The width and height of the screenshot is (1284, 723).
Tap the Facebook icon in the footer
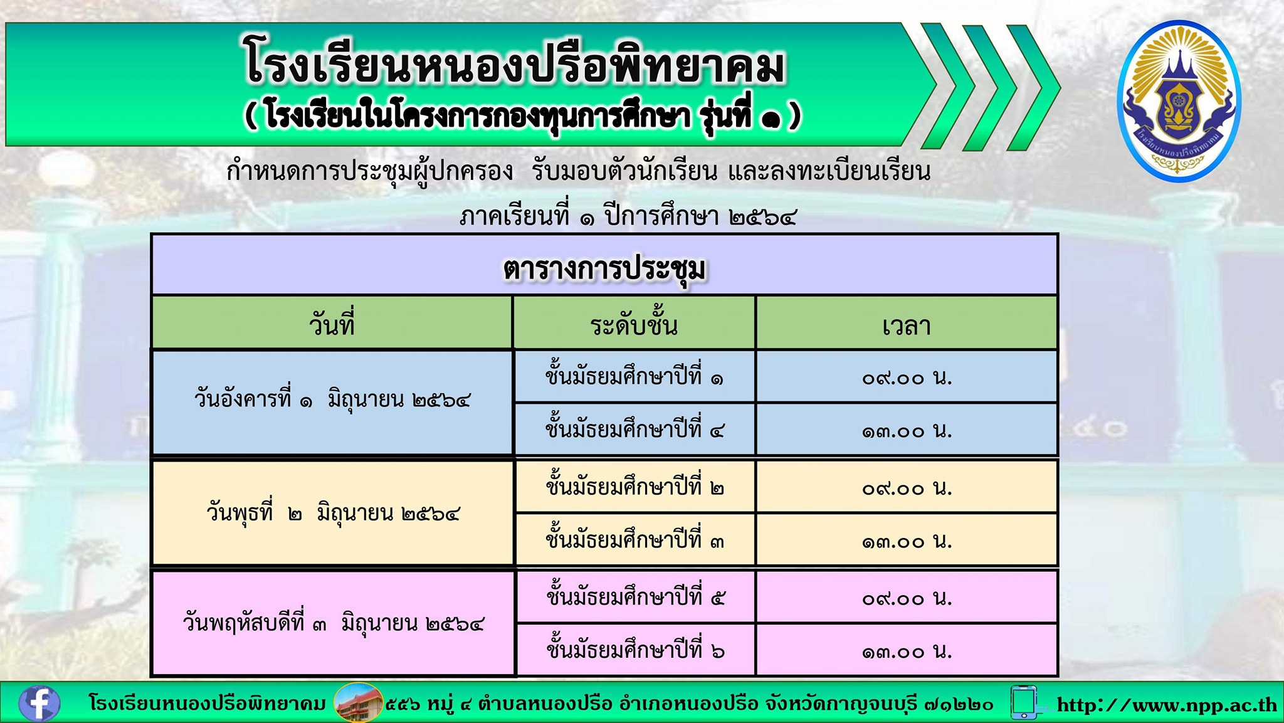tap(39, 703)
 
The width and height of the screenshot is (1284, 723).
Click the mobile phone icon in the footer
tap(1023, 702)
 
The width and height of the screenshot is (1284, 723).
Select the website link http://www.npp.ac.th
tap(1167, 705)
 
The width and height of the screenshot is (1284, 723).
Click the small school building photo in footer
tap(358, 702)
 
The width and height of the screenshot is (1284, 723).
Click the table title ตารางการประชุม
tap(604, 268)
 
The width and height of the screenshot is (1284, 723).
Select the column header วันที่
tap(332, 325)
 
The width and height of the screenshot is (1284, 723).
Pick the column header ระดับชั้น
tap(634, 325)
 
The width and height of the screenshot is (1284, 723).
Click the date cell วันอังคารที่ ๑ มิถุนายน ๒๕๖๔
tap(332, 399)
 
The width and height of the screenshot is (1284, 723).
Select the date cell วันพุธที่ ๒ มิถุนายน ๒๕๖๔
tap(334, 514)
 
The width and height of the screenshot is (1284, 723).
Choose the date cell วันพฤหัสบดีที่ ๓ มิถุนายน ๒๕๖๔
tap(334, 623)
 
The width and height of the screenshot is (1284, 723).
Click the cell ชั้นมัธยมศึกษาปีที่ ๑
tap(634, 376)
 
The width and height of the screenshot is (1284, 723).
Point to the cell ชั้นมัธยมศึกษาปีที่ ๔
tap(634, 430)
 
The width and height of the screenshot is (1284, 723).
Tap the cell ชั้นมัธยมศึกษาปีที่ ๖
tap(635, 650)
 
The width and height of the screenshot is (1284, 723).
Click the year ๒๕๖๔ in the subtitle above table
tap(763, 218)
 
